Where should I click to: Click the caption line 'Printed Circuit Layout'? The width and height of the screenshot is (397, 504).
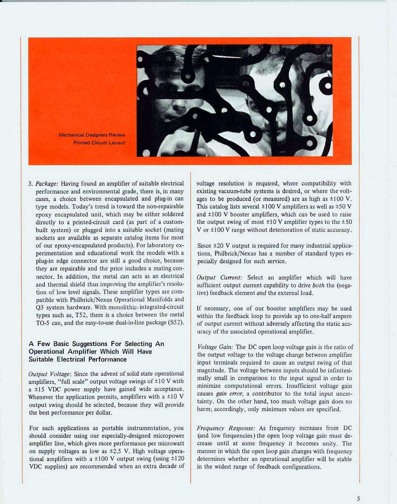pos(99,143)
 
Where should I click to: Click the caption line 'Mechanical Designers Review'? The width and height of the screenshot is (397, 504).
pos(92,135)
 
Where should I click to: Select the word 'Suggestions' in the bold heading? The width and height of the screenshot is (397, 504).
pos(90,344)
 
